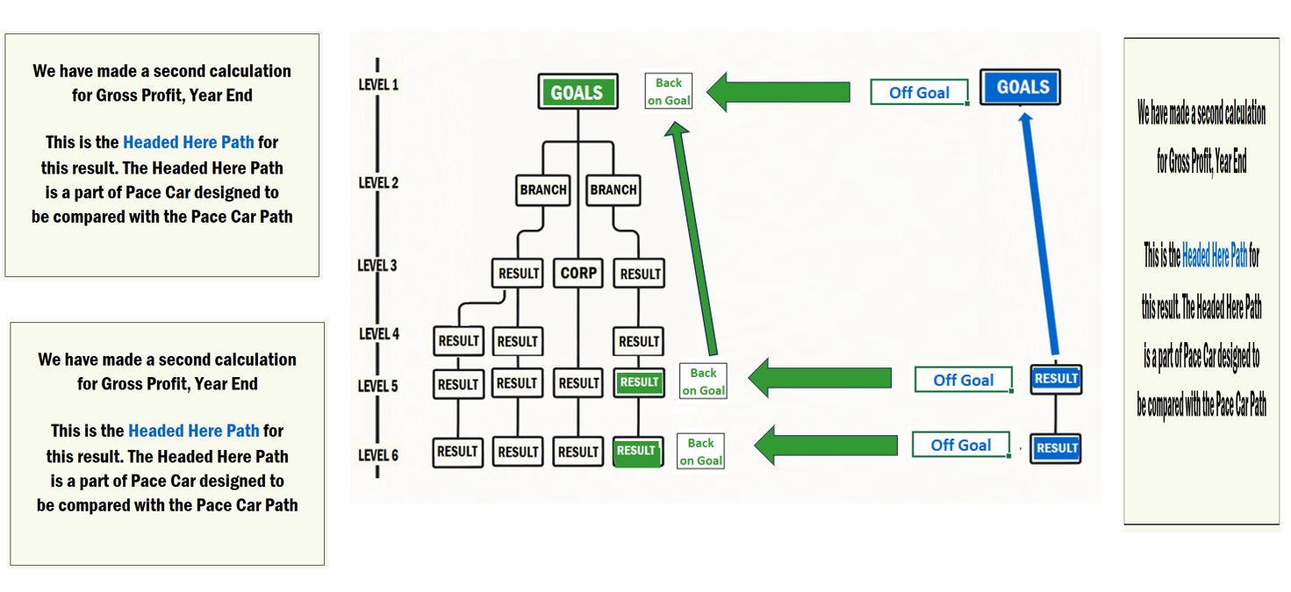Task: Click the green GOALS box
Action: tap(577, 92)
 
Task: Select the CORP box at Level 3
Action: tap(578, 274)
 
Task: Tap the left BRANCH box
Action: tap(543, 189)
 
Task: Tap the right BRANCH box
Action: tap(613, 189)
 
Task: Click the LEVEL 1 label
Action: tap(378, 85)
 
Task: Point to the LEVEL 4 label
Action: tap(378, 334)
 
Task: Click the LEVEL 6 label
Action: tap(378, 455)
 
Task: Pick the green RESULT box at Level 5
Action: tap(639, 382)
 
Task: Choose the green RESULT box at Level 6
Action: tap(637, 451)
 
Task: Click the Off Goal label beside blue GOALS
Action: tap(919, 92)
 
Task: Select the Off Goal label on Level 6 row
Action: tap(960, 445)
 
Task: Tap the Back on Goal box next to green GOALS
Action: tap(669, 91)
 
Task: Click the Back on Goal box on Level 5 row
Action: tap(703, 382)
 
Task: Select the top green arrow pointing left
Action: tap(778, 92)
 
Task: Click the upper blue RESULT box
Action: tap(1056, 379)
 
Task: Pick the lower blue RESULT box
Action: tap(1056, 447)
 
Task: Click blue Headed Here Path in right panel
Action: tap(1214, 256)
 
